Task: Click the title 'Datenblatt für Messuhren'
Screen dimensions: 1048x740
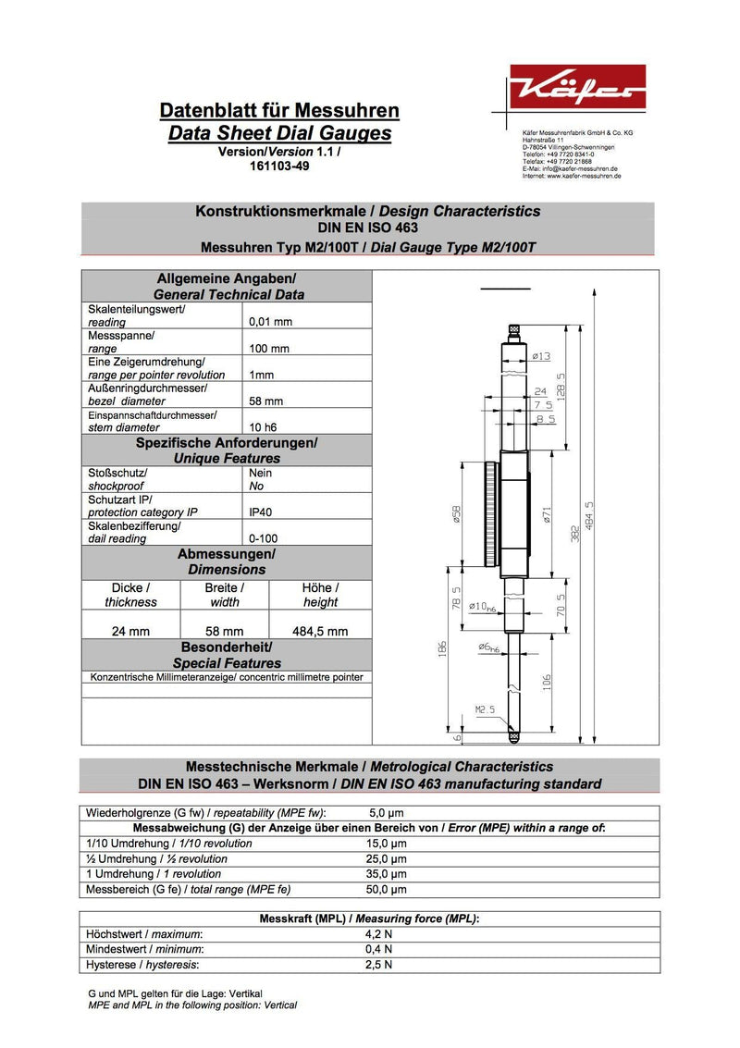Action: pos(279,111)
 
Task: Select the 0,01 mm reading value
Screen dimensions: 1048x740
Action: pos(271,322)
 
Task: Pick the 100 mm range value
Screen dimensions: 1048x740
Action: pos(269,349)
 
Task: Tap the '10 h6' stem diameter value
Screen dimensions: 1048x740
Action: pos(266,427)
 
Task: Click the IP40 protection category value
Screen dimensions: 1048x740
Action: pos(261,512)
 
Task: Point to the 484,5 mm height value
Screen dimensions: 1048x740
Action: pos(320,632)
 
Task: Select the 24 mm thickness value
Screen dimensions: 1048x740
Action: pos(130,632)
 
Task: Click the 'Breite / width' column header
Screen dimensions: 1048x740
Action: pos(224,595)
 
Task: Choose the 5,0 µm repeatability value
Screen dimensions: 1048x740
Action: pos(386,813)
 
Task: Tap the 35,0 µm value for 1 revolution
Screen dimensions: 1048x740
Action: pos(387,874)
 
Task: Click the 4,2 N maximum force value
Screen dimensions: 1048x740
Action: pos(379,934)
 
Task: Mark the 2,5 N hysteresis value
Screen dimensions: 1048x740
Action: pos(379,965)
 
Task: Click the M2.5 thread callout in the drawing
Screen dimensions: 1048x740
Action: pos(486,709)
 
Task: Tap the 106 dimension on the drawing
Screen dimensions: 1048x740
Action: pos(548,683)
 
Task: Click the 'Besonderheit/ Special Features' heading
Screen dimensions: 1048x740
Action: pos(227,655)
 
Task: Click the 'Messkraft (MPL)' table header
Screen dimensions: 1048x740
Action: pos(369,919)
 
